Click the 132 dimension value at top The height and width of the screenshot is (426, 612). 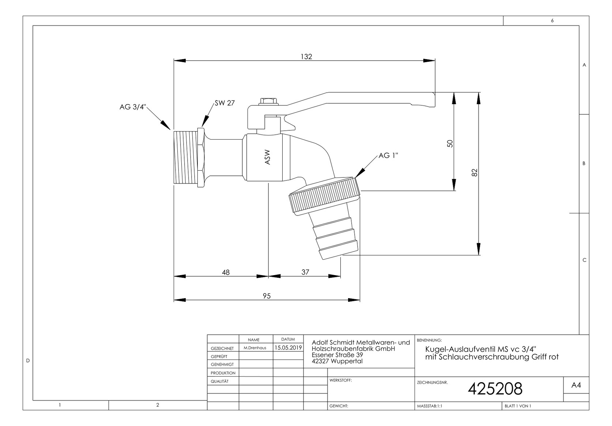point(306,57)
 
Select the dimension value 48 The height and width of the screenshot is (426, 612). point(226,272)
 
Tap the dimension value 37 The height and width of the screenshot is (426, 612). point(305,272)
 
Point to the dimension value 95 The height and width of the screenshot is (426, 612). point(267,296)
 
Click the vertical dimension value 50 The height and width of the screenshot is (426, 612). point(450,144)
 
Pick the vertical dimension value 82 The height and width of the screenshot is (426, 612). point(475,172)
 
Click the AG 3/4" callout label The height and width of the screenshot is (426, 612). point(133,107)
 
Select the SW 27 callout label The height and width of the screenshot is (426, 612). point(224,103)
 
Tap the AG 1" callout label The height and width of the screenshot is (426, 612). point(388,156)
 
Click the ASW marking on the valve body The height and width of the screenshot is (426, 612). point(267,157)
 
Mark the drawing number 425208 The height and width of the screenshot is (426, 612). point(495,389)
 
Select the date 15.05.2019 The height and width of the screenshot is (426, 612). point(288,348)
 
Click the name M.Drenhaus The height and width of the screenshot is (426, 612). point(255,348)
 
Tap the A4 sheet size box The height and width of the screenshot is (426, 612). point(576,385)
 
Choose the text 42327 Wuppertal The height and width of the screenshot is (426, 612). point(337,361)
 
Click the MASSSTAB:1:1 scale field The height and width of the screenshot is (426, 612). point(430,406)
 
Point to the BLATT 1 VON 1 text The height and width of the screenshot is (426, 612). point(518,406)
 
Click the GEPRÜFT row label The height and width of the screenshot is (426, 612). point(219,357)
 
